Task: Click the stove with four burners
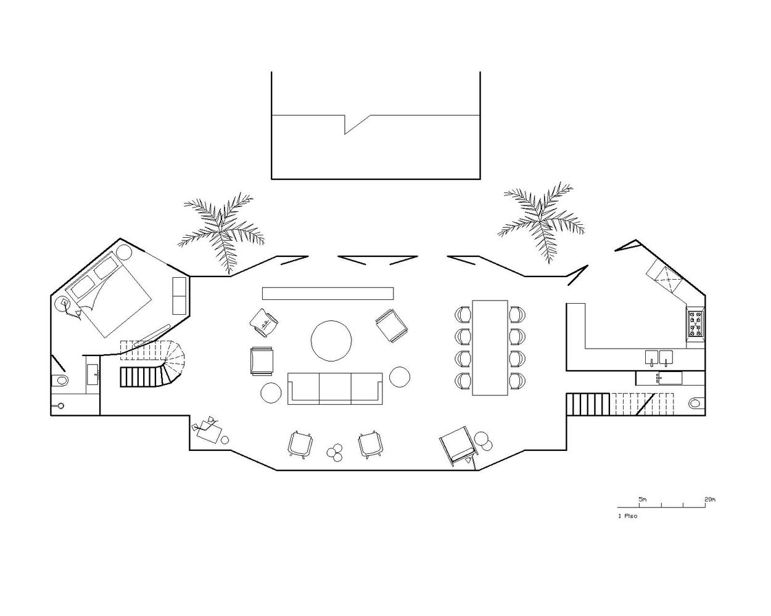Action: click(696, 323)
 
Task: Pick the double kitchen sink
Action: click(659, 358)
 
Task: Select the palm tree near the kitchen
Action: click(541, 222)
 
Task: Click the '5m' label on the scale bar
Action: click(642, 500)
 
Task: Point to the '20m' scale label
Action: click(710, 500)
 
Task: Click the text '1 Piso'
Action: click(627, 516)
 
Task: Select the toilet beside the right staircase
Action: click(695, 403)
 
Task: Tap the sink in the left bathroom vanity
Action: click(93, 375)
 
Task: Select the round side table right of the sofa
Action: click(400, 377)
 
